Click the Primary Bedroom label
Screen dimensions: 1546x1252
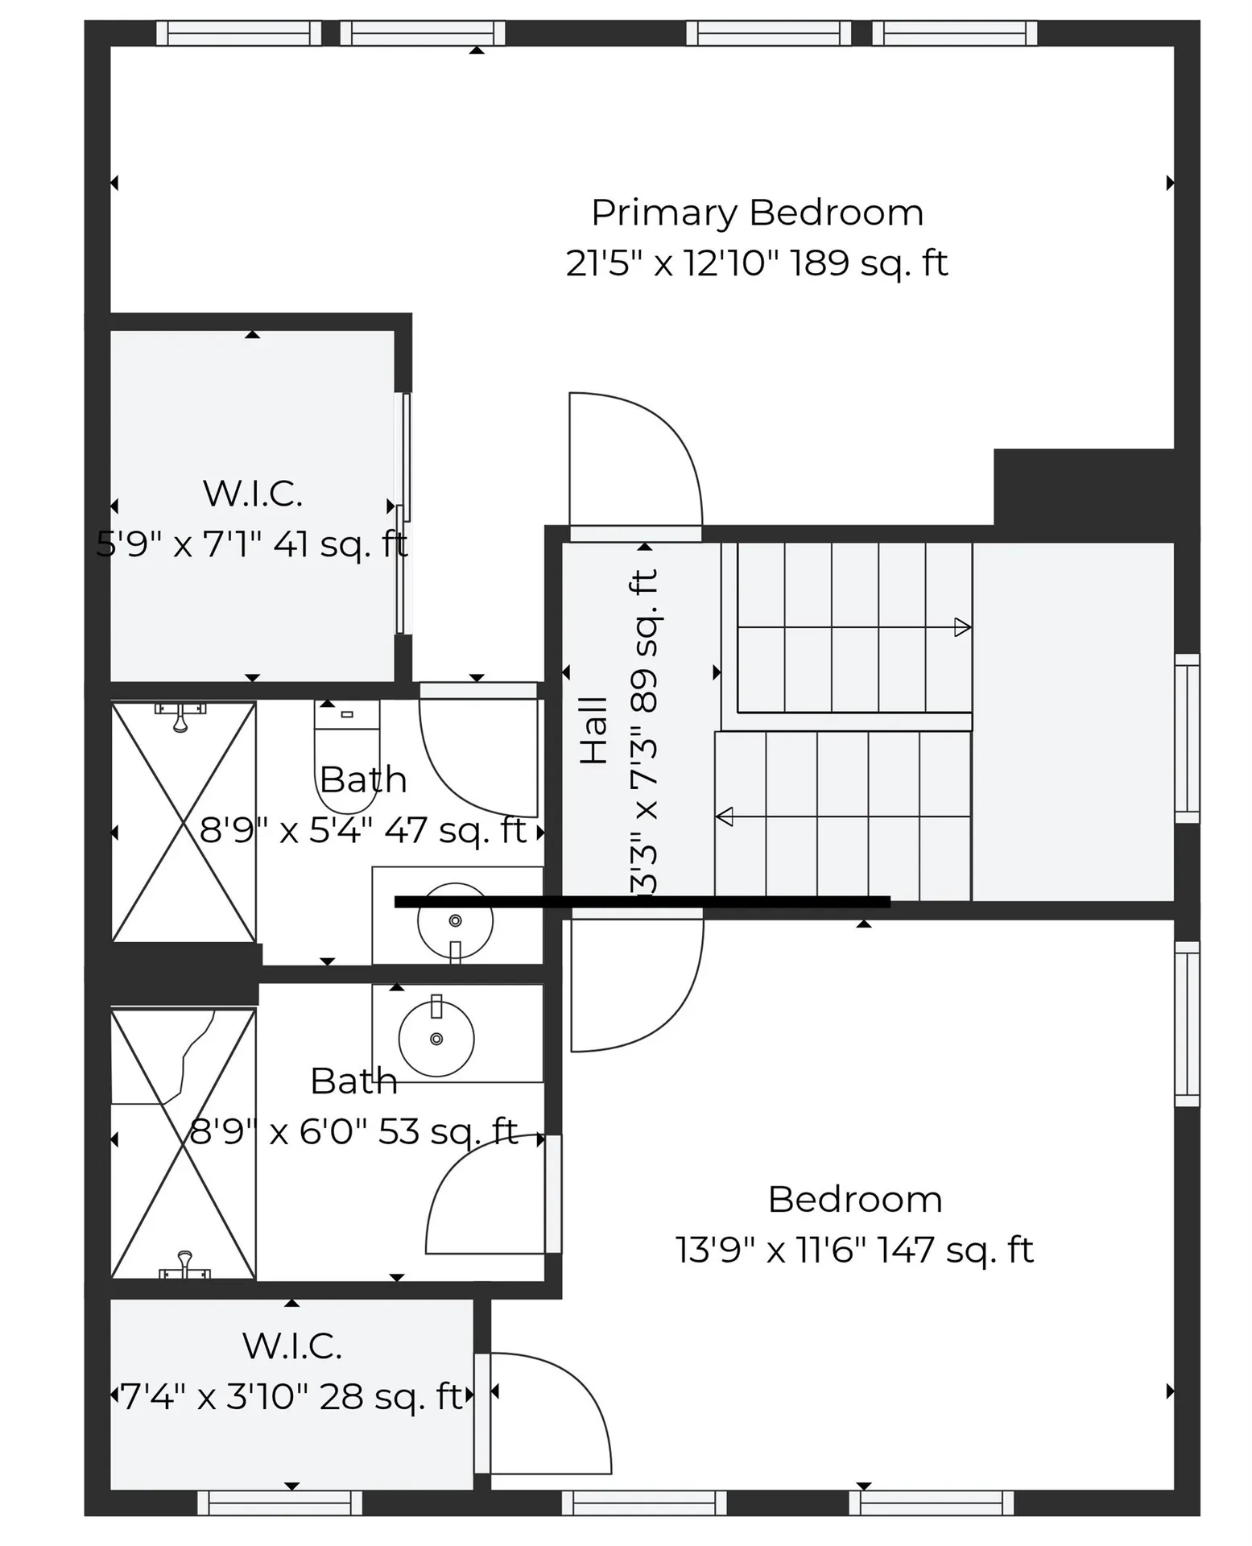(757, 213)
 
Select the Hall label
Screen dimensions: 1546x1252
(594, 730)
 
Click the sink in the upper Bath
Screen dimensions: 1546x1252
(455, 920)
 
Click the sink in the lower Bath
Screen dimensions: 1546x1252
(436, 1039)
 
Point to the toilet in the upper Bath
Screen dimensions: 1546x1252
(346, 757)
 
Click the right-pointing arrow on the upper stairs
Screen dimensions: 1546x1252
(961, 626)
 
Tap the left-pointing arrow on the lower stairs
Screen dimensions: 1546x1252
(725, 816)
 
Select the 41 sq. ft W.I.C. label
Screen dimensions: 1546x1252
(252, 494)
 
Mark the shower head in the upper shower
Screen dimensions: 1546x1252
(180, 717)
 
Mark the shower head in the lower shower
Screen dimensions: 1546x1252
(184, 1265)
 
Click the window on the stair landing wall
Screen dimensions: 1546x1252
(1187, 738)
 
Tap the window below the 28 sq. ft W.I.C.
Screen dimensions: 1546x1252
(279, 1503)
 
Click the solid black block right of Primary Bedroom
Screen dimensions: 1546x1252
(1083, 487)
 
